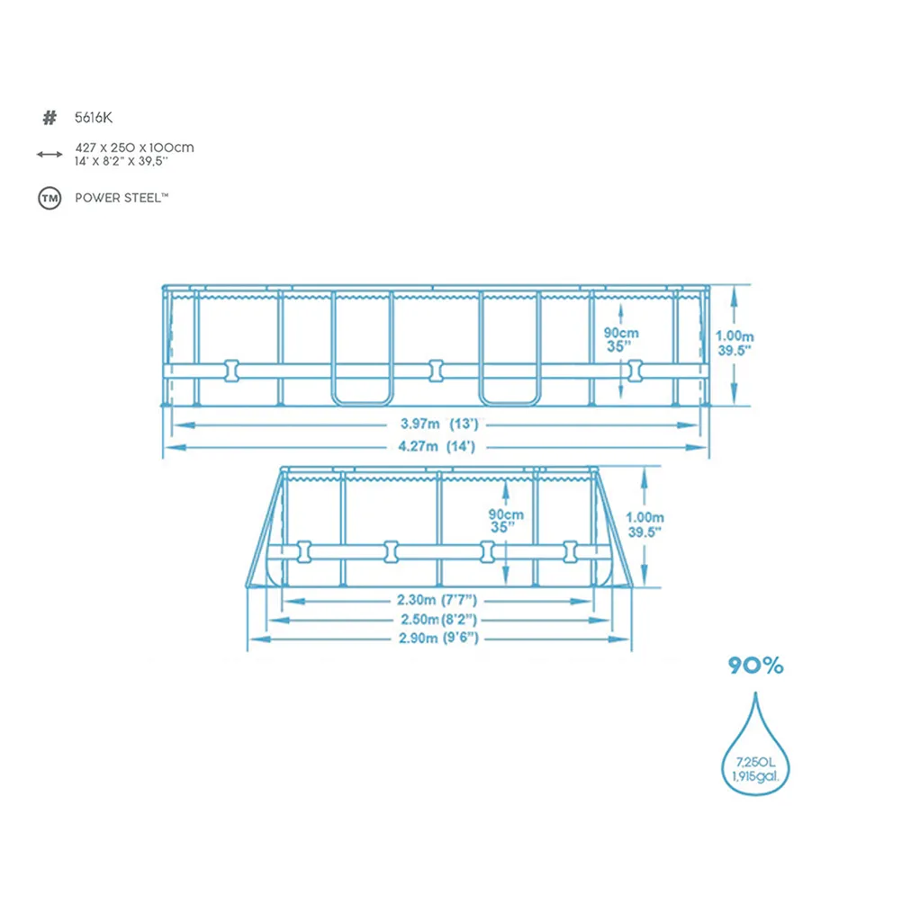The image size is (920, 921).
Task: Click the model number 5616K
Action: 94,118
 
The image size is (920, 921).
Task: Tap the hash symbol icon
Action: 50,118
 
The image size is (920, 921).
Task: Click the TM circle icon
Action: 50,199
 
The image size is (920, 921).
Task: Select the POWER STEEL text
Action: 122,198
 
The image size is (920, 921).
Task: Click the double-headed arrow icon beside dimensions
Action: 50,155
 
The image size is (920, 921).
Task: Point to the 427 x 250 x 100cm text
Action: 135,148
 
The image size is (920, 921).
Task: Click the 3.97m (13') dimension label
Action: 439,424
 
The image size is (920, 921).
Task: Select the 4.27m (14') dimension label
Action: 437,446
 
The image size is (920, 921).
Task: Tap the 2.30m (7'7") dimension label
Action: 437,600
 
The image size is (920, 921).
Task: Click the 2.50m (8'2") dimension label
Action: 439,619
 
